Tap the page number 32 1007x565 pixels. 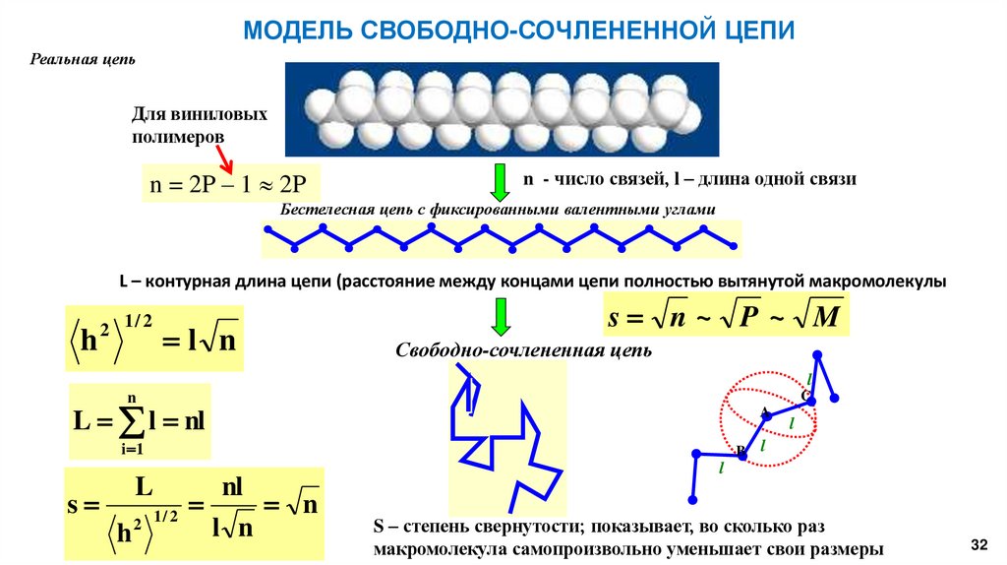(977, 544)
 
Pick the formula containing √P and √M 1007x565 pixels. (723, 317)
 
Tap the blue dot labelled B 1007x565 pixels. (742, 454)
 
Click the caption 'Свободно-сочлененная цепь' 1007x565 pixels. (524, 349)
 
